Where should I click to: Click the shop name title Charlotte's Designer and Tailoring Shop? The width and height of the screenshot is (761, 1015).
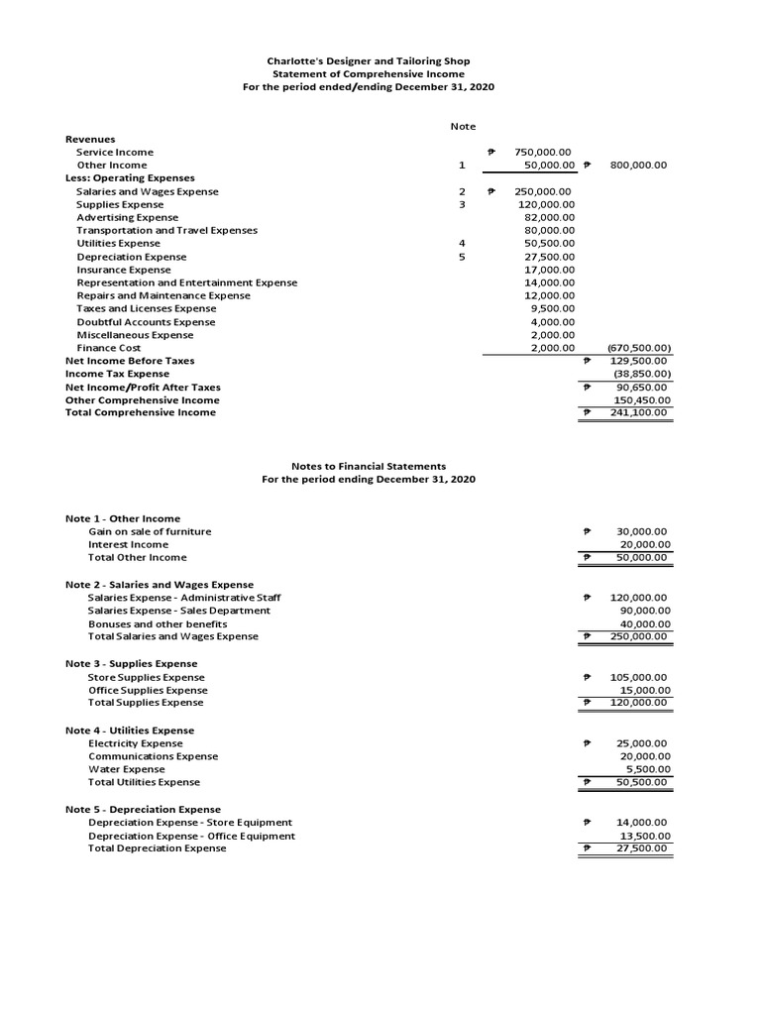click(368, 61)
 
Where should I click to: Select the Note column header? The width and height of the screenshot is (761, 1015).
click(462, 126)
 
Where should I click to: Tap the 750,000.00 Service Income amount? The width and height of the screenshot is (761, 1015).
click(543, 153)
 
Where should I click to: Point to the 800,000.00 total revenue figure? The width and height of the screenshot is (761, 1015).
click(640, 166)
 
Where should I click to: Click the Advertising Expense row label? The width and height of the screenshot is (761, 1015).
click(128, 217)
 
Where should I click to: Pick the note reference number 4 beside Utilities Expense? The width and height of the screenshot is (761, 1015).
click(462, 243)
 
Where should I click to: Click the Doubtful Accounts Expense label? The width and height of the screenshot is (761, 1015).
click(146, 322)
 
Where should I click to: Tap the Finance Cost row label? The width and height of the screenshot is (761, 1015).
click(109, 348)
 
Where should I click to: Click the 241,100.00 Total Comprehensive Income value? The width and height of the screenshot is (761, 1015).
click(641, 412)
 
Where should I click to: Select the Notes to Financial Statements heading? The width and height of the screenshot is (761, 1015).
click(368, 466)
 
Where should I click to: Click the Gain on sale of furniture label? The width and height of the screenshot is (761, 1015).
click(150, 531)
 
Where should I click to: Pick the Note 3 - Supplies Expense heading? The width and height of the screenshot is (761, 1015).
click(131, 663)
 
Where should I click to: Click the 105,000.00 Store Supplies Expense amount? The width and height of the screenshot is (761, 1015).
click(639, 678)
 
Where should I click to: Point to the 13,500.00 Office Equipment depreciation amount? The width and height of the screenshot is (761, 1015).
click(643, 836)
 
